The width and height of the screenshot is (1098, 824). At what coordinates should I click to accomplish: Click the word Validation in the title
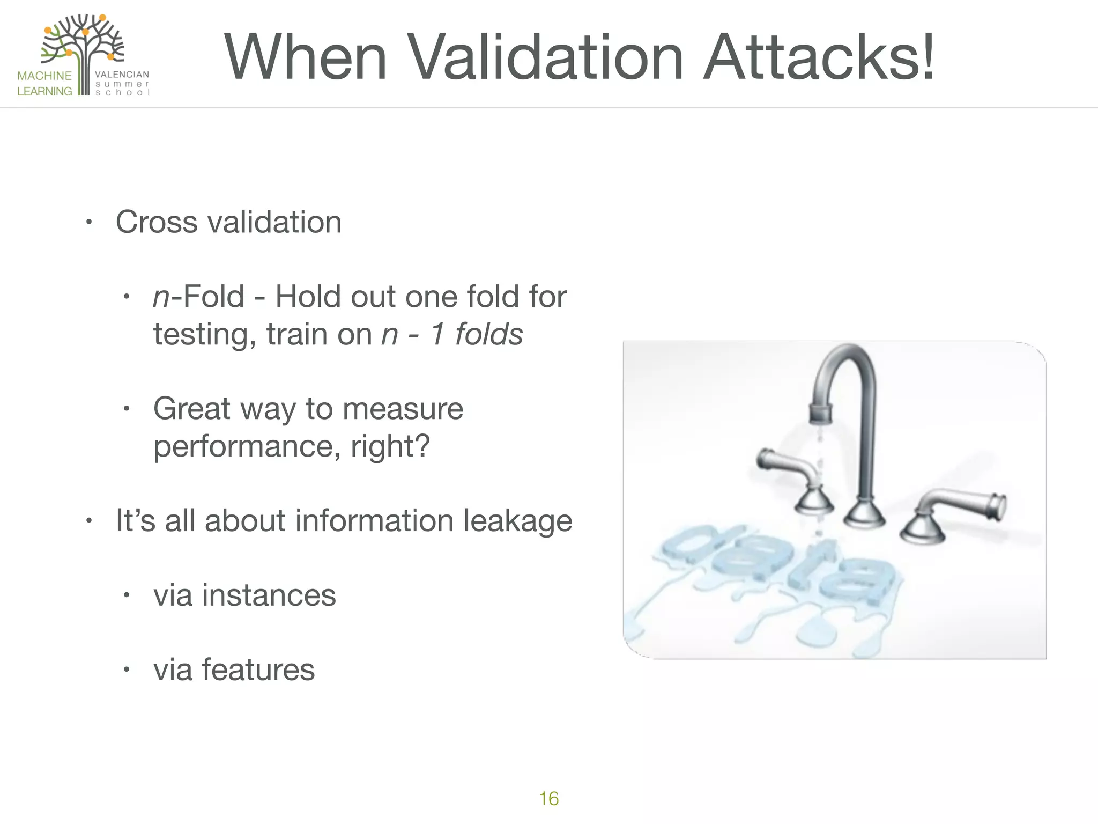click(x=546, y=57)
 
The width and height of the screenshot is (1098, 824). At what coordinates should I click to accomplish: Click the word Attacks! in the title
click(x=819, y=57)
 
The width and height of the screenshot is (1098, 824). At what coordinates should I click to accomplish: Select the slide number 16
click(x=548, y=798)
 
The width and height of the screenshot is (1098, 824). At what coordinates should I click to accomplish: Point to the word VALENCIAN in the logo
click(x=122, y=75)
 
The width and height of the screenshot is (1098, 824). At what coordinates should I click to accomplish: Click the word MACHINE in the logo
click(x=44, y=76)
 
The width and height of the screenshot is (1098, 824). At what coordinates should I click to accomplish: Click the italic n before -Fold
click(x=161, y=297)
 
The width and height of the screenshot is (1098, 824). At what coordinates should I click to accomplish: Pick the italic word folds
click(x=489, y=334)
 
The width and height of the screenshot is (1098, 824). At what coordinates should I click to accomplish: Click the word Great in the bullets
click(x=192, y=409)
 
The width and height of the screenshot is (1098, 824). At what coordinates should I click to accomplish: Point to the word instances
click(x=269, y=595)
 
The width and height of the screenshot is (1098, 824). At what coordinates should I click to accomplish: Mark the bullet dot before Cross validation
click(x=90, y=222)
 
